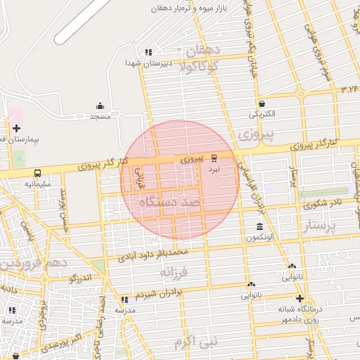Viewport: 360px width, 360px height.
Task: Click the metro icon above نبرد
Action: pos(214,160)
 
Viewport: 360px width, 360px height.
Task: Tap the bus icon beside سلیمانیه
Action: pos(37,173)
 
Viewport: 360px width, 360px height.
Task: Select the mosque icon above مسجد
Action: pos(100,105)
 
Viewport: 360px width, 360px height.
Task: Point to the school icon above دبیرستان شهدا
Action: pos(148,52)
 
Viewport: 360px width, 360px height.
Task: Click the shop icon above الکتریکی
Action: pos(261,103)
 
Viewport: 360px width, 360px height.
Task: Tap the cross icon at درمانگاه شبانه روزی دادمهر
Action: pos(300,298)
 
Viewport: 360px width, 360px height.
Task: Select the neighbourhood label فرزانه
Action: pos(175,271)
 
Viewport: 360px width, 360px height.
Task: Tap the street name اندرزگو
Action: pos(83,279)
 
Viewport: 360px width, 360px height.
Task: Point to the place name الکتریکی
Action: pos(262,113)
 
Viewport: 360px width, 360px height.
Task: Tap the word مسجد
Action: pos(100,116)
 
